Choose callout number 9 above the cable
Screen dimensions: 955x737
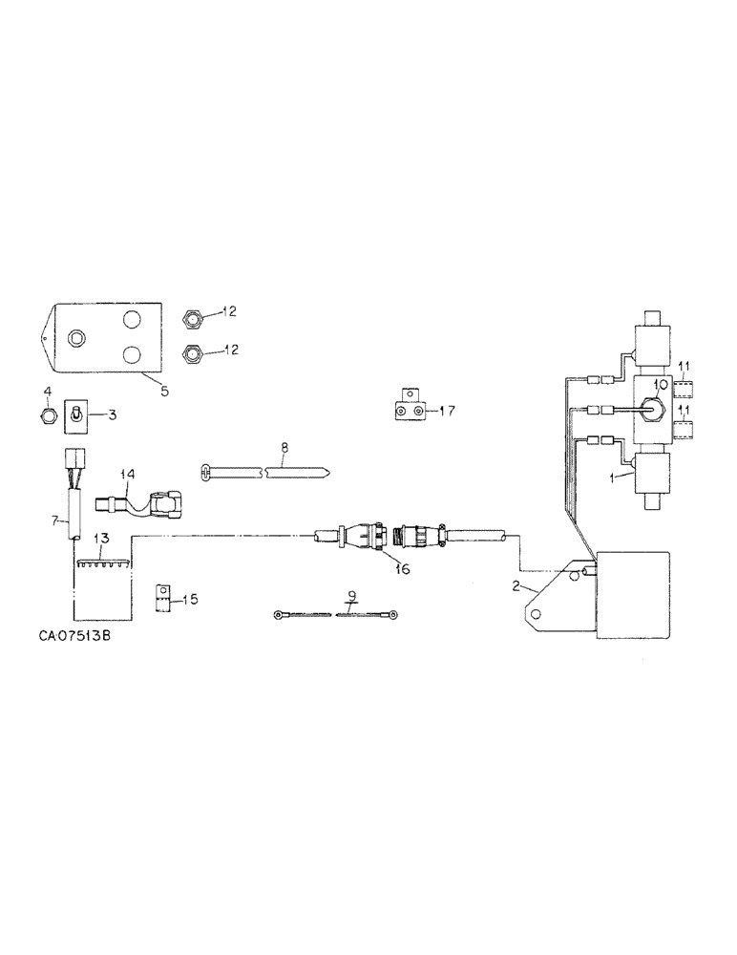(352, 597)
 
